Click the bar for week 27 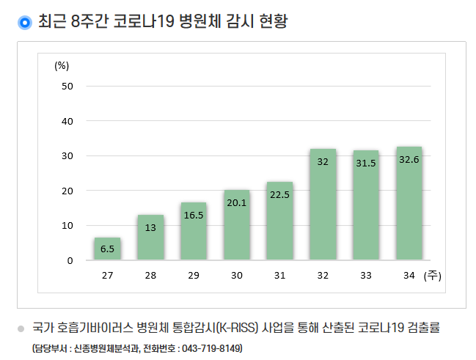tap(107, 249)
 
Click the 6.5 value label tap(107, 249)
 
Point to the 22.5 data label tap(279, 194)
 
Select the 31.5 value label tap(366, 163)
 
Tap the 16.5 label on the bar tap(194, 216)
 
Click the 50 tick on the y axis tap(67, 86)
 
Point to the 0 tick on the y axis tap(70, 260)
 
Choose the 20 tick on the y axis tap(67, 191)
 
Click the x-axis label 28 tap(150, 276)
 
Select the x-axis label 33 tap(366, 276)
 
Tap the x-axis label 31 tap(279, 276)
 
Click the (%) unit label tap(62, 65)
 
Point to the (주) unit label tap(431, 276)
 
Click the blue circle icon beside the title tap(24, 23)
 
